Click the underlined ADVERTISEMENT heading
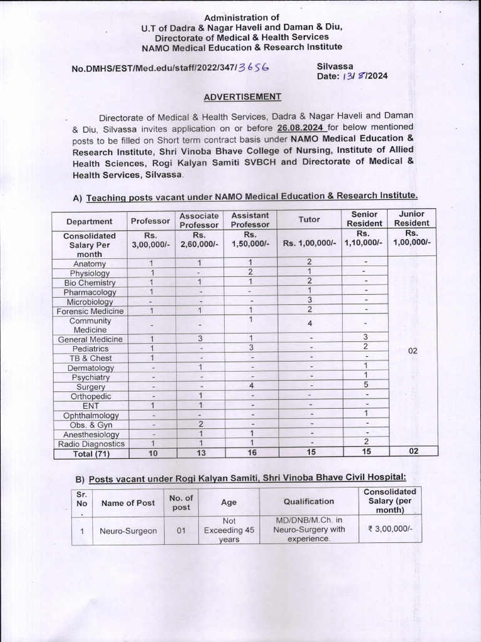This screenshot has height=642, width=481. click(242, 97)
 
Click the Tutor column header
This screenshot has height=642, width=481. click(309, 219)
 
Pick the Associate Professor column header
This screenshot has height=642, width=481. click(199, 220)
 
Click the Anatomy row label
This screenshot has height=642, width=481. click(90, 264)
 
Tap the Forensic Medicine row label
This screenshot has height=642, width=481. click(90, 311)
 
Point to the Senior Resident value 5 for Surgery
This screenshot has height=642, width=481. click(365, 387)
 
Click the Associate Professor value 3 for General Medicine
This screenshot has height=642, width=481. click(199, 339)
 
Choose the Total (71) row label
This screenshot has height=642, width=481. click(90, 454)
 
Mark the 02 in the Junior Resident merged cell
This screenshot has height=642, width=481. click(412, 352)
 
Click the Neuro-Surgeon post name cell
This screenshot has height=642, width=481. click(128, 531)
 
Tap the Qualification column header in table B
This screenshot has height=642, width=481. click(308, 502)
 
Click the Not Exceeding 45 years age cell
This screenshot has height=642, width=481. click(229, 530)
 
